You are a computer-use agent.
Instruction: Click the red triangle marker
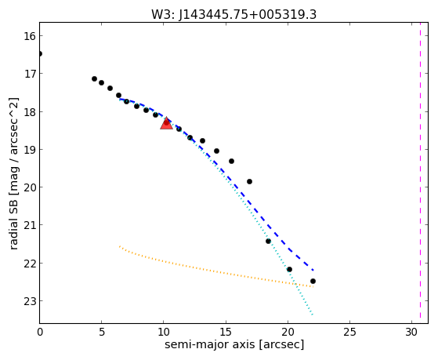[x=166, y=124]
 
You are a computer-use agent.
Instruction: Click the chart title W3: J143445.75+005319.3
[x=233, y=14]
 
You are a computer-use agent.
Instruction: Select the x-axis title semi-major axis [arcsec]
[x=234, y=344]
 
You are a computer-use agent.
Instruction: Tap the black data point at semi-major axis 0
[x=40, y=53]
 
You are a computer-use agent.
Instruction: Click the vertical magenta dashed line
[x=420, y=173]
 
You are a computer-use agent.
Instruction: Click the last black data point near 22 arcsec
[x=313, y=281]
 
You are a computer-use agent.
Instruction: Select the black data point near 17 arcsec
[x=249, y=181]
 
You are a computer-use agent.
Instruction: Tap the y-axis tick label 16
[x=29, y=36]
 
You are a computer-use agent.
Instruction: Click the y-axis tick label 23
[x=29, y=301]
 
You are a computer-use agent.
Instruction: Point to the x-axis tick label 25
[x=349, y=332]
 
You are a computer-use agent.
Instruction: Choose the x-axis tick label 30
[x=411, y=332]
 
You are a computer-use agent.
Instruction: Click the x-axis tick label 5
[x=102, y=332]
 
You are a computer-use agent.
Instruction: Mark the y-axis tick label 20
[x=29, y=187]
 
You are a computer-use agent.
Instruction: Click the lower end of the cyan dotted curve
[x=313, y=315]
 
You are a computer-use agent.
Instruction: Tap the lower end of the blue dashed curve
[x=313, y=271]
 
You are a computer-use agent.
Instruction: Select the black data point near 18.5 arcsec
[x=268, y=241]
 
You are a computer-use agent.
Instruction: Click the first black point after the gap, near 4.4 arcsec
[x=94, y=79]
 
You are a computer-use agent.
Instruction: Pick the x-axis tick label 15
[x=226, y=332]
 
